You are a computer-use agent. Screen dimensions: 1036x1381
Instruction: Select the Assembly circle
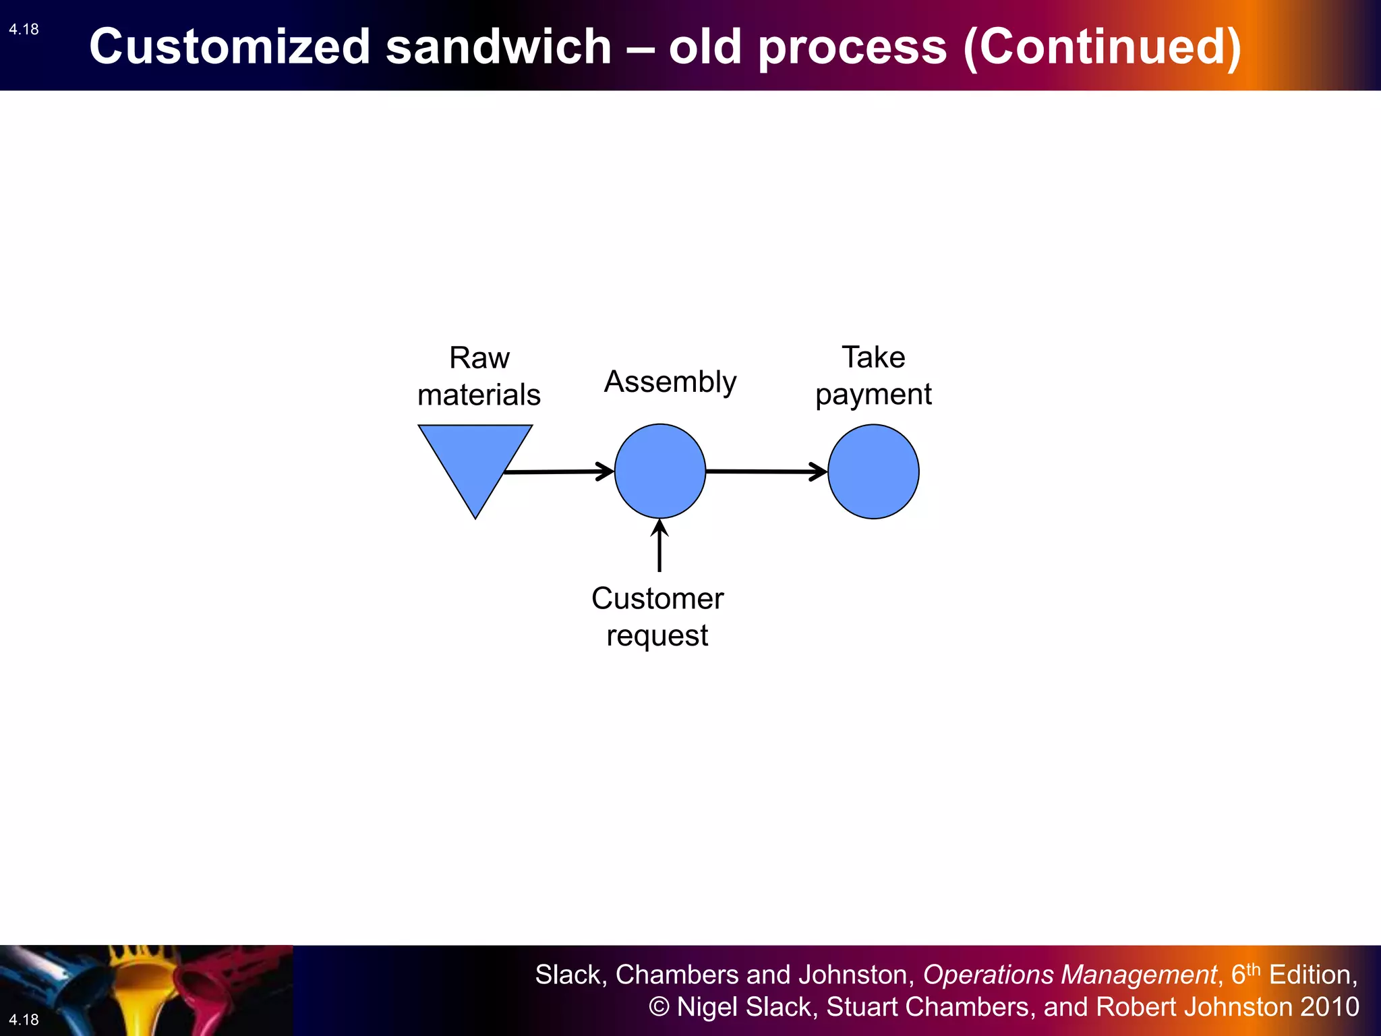pos(659,471)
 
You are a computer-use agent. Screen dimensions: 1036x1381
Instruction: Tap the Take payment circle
pos(873,471)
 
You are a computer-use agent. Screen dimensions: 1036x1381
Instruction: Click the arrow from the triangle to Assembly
pos(560,471)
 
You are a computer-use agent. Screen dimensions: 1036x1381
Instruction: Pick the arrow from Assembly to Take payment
pos(766,471)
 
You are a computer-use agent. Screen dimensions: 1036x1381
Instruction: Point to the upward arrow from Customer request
pos(659,546)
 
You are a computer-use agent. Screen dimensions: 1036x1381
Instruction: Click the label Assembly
pos(670,382)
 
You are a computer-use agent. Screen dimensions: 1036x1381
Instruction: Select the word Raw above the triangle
pos(479,357)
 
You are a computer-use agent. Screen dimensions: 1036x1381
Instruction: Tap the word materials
pos(479,395)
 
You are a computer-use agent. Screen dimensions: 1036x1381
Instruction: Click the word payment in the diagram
pos(873,395)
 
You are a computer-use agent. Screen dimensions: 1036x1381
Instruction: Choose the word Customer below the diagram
pos(657,598)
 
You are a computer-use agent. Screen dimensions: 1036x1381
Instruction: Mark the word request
pos(657,635)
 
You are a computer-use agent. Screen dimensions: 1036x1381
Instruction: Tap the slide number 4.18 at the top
pos(24,29)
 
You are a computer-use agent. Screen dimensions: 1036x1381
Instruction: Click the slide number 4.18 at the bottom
pos(24,1019)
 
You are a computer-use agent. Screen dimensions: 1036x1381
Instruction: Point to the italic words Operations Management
pos(1069,975)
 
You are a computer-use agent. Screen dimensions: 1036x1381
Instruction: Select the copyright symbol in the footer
pos(659,1007)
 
